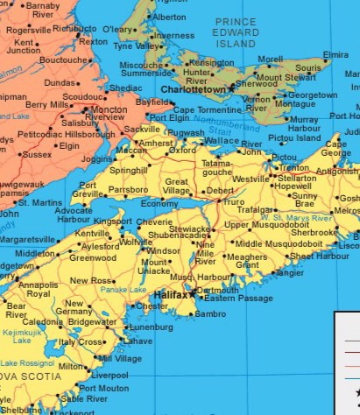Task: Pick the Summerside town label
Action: click(145, 75)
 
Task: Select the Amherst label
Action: click(155, 143)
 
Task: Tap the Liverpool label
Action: click(109, 374)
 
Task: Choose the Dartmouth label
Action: click(218, 290)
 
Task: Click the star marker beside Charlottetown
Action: click(231, 88)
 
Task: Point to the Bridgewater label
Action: click(92, 322)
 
